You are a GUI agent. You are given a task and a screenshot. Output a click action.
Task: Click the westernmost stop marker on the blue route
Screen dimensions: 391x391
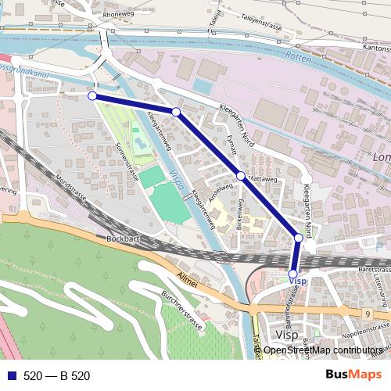92,95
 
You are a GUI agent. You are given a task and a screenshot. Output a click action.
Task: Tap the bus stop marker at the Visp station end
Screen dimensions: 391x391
293,274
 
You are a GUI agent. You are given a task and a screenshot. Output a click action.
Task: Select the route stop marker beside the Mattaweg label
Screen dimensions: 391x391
241,175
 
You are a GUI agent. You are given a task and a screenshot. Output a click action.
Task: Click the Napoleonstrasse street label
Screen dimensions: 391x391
364,332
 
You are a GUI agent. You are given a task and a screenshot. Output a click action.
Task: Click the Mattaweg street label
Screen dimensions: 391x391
262,179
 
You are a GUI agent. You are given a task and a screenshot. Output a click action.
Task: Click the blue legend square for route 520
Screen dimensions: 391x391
9,376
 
